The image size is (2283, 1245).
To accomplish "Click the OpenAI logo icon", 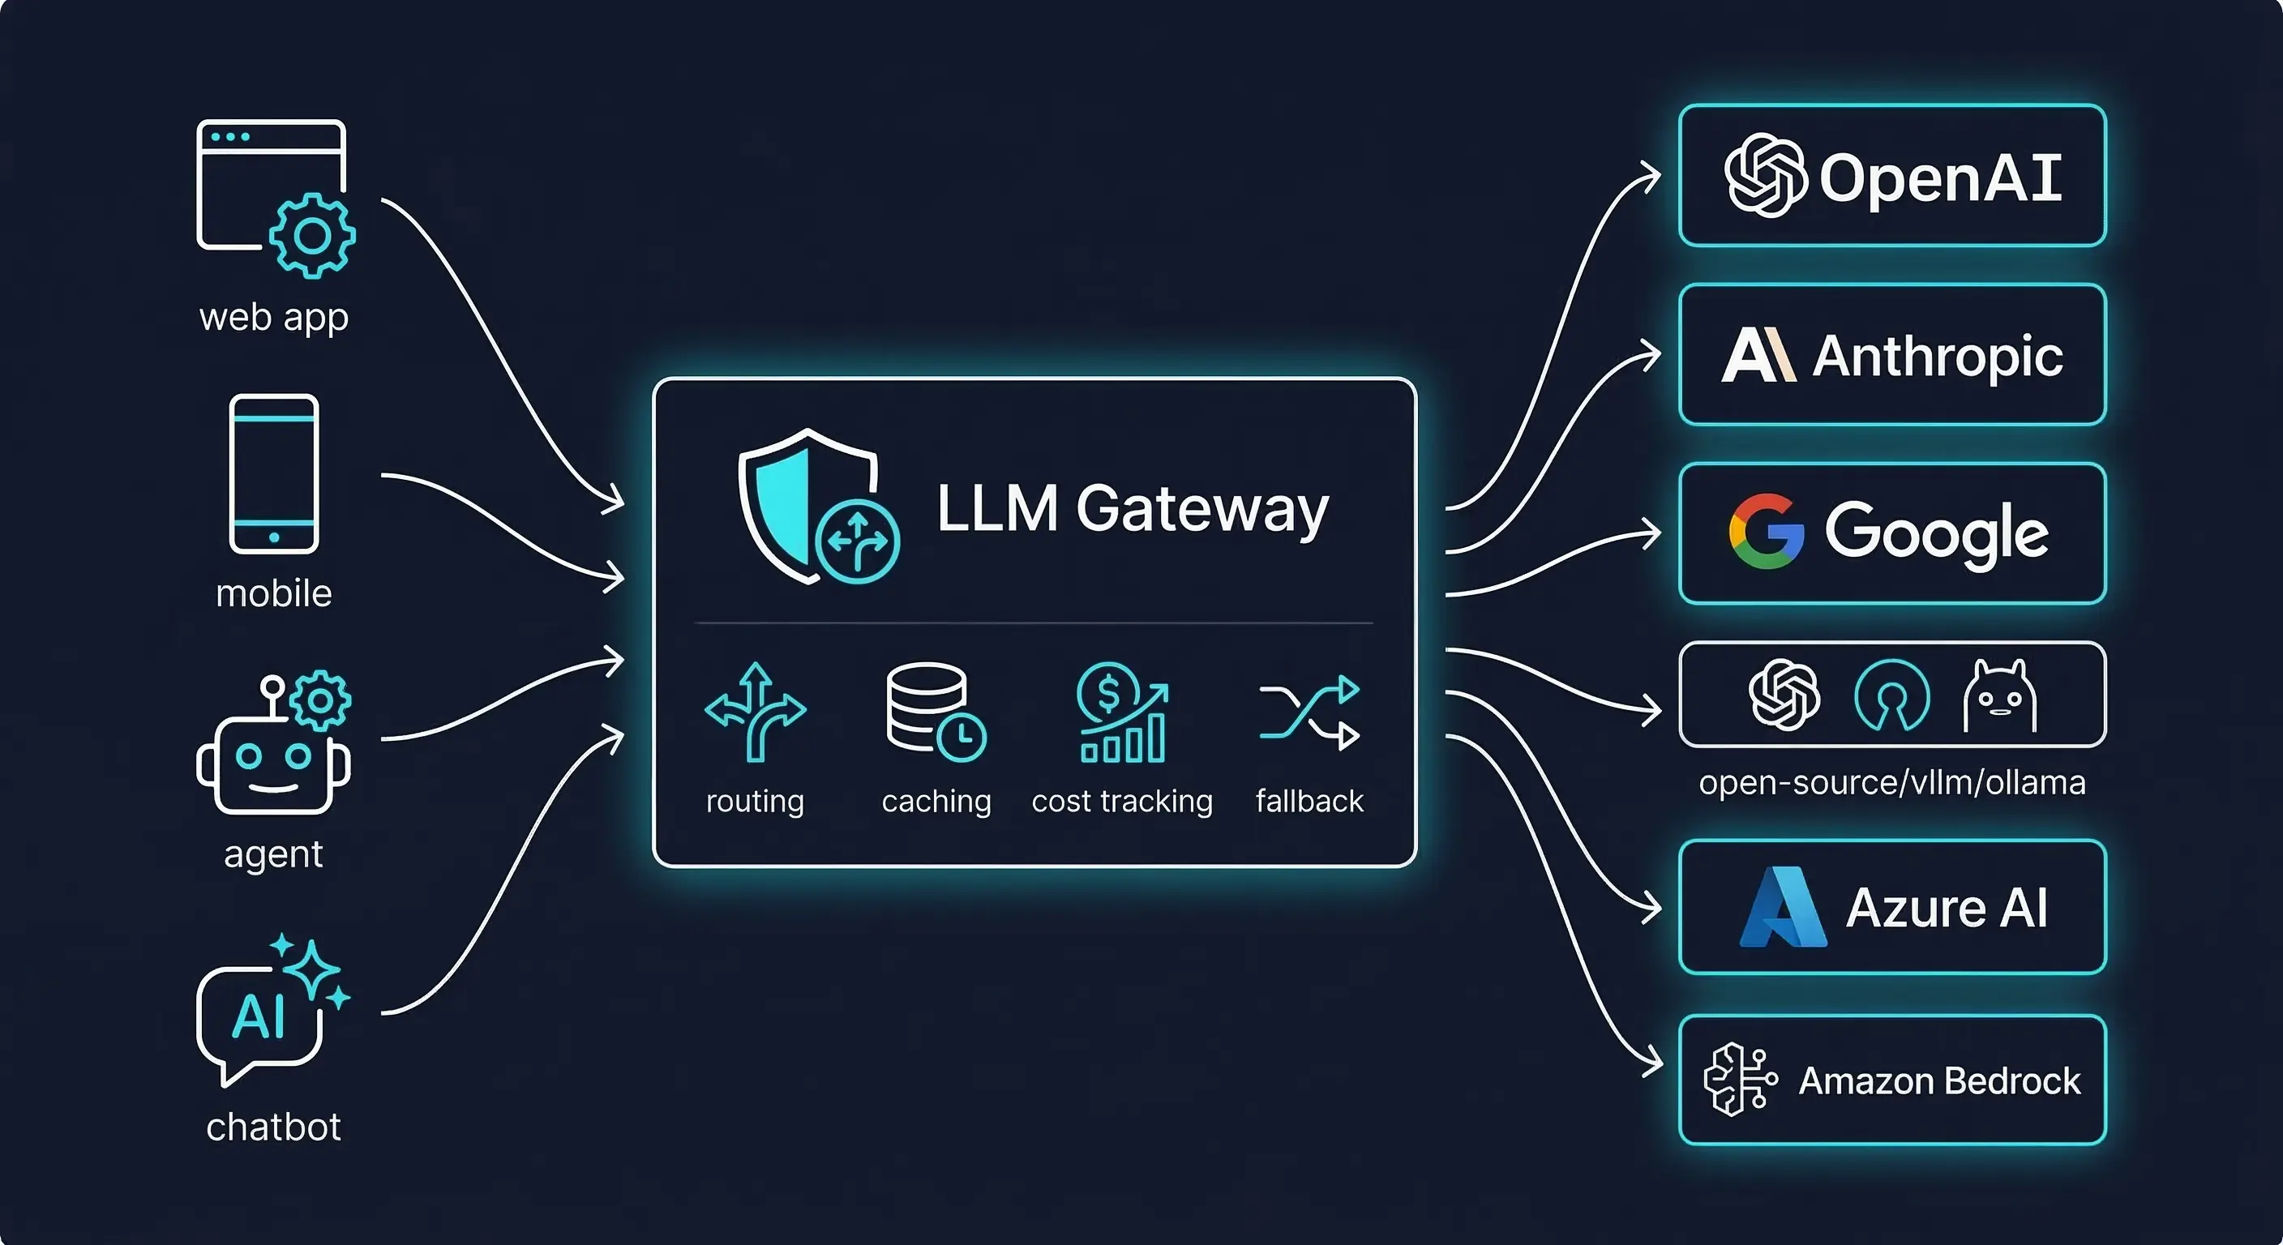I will tap(1763, 175).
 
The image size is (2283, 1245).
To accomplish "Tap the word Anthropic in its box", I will tap(1938, 356).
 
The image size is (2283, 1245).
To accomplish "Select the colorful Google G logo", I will tap(1766, 532).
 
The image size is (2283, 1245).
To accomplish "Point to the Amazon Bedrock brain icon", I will tap(1739, 1080).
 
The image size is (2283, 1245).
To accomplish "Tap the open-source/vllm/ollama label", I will tap(1891, 783).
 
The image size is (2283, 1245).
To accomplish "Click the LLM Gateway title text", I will tap(1132, 509).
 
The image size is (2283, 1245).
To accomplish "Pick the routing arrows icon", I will tap(755, 712).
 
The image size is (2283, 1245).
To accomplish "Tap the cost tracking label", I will tap(1121, 801).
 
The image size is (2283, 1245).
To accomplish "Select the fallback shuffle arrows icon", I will tap(1309, 712).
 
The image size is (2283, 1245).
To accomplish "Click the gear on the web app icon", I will tap(312, 236).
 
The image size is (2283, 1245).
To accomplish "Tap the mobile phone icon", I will tap(274, 474).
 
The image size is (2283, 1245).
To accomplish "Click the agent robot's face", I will tap(273, 766).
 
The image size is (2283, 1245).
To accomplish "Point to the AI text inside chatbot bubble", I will tap(258, 1017).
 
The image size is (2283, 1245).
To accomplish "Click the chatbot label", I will tap(273, 1127).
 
